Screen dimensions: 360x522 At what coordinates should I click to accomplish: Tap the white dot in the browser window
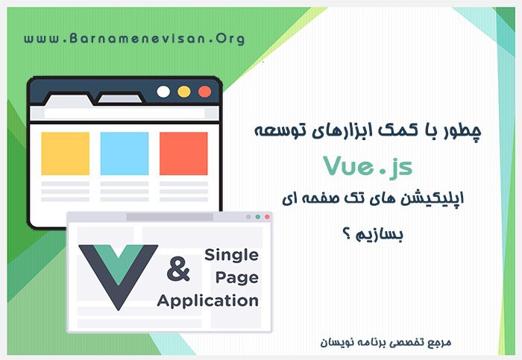(x=163, y=92)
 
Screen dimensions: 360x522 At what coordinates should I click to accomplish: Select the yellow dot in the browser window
(x=184, y=92)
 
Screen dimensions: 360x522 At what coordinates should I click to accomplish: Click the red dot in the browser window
(x=204, y=92)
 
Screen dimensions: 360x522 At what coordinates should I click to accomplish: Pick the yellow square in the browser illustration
(x=65, y=153)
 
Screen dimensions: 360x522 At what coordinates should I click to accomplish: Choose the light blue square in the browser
(x=124, y=153)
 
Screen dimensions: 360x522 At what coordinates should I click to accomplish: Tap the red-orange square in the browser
(x=183, y=153)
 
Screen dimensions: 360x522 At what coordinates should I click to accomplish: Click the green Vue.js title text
(x=367, y=166)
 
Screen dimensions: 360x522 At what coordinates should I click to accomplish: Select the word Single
(x=231, y=255)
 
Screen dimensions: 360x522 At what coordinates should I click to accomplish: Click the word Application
(x=208, y=302)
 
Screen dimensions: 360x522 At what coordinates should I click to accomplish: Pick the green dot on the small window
(x=258, y=217)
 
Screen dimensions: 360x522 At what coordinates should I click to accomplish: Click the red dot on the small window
(x=268, y=217)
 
